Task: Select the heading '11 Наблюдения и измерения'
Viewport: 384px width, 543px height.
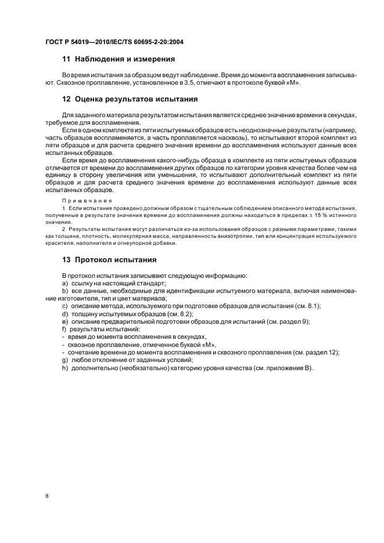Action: click(x=119, y=59)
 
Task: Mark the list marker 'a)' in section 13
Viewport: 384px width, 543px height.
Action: click(x=65, y=283)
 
